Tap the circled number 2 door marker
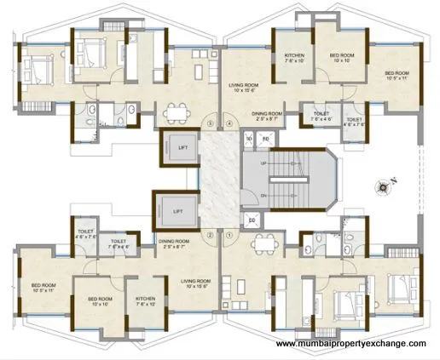click(210, 235)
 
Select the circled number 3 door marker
click(210, 123)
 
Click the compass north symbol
click(386, 180)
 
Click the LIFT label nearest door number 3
click(181, 147)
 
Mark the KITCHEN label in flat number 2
click(146, 301)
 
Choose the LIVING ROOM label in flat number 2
click(194, 280)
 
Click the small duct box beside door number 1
click(253, 221)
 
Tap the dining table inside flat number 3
click(177, 111)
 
